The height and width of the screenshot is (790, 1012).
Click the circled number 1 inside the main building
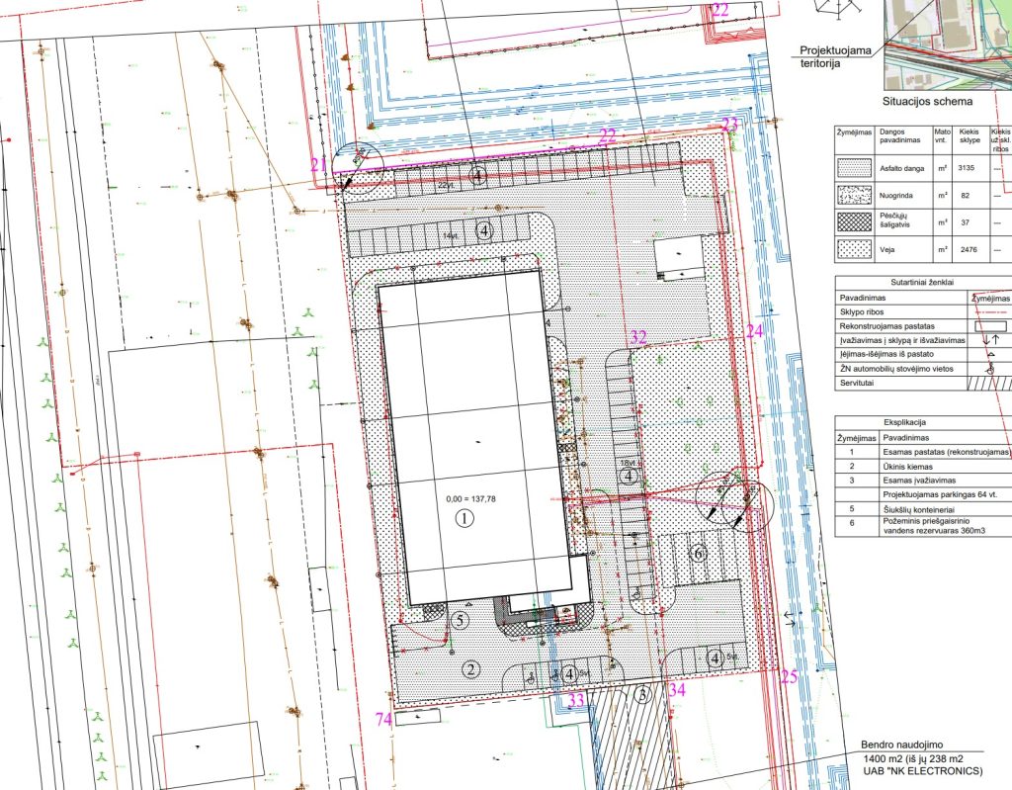[x=461, y=518]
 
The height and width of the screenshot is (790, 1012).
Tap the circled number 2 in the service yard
[x=471, y=669]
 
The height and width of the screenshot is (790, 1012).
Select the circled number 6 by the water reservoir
[x=699, y=554]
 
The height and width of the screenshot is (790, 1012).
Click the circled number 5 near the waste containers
[x=459, y=621]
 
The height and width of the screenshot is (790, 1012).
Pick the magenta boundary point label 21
[x=317, y=164]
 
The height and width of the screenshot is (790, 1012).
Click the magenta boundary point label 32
[x=638, y=337]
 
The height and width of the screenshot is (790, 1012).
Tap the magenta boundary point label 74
[x=384, y=719]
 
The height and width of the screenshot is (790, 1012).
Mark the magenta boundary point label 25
[x=788, y=677]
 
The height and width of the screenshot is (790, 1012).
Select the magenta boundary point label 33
[x=576, y=700]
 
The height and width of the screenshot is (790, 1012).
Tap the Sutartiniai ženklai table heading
[x=918, y=282]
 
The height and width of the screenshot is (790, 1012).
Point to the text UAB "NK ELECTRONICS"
[x=919, y=769]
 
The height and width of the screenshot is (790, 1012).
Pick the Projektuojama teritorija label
[x=835, y=55]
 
